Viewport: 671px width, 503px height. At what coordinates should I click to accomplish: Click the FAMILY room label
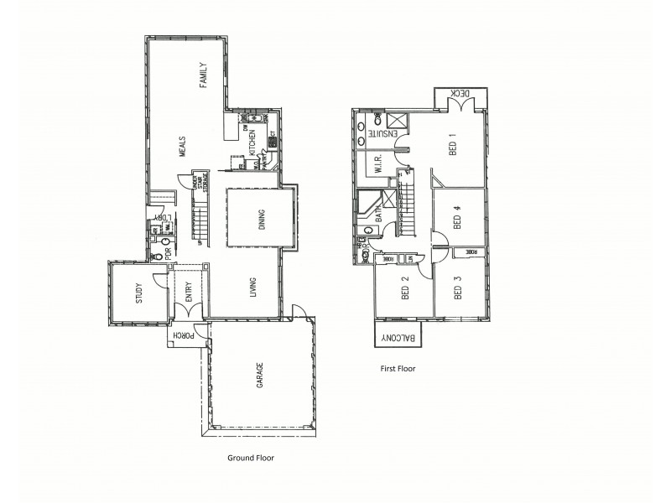(202, 75)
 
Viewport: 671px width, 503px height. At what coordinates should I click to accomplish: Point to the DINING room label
(262, 219)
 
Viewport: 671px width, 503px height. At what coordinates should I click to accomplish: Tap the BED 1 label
(454, 146)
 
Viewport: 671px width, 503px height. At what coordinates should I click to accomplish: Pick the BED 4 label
(458, 219)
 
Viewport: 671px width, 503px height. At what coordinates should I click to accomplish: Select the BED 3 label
(458, 288)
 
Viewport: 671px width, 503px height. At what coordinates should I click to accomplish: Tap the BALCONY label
(399, 337)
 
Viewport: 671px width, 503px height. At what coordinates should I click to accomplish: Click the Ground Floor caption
(252, 458)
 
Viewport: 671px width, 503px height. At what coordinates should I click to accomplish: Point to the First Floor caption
(398, 367)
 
